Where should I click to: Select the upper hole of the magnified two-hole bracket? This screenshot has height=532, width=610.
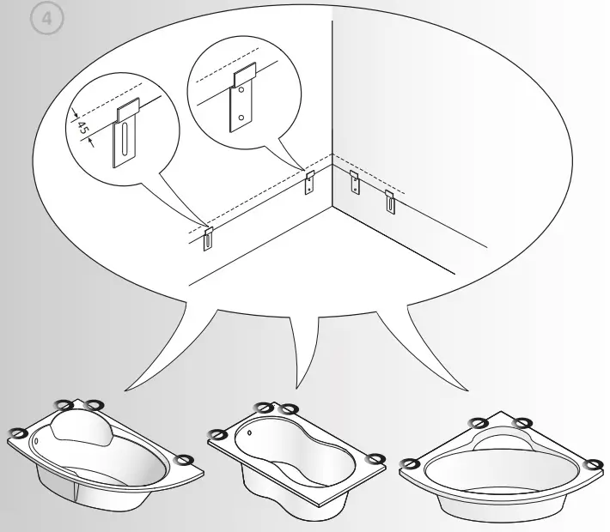pos(244,89)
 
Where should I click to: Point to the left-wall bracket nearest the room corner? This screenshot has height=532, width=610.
pos(310,181)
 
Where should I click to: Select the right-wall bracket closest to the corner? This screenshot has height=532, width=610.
pos(354,181)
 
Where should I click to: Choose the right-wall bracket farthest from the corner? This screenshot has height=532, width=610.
pos(390,203)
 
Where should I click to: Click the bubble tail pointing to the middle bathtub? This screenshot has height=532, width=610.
pos(304,360)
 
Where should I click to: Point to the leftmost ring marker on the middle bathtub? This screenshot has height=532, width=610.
pos(217,434)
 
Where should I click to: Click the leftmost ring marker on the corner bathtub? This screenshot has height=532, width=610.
pos(411,464)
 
